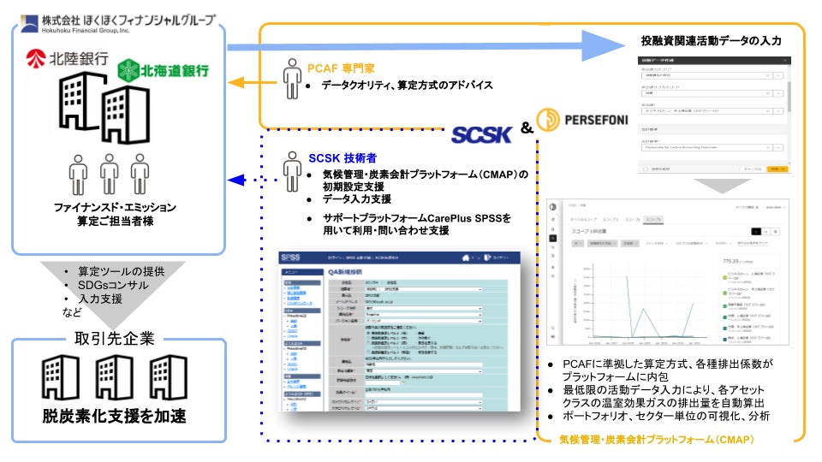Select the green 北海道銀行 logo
[164, 70]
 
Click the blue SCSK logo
[482, 136]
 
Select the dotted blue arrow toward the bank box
[248, 180]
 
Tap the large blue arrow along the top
[428, 46]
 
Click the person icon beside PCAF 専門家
[290, 80]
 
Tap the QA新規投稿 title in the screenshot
[351, 272]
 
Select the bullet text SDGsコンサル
[112, 284]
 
